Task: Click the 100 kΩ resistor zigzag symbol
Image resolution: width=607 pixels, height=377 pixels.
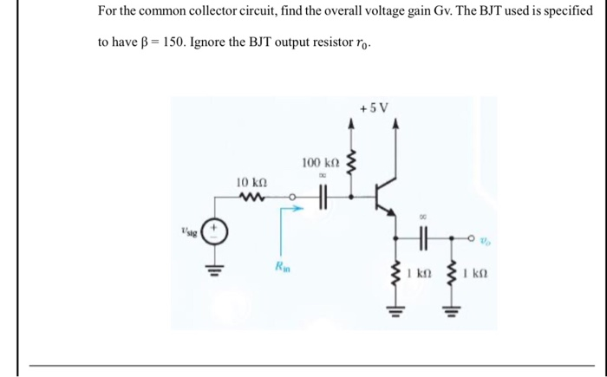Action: (x=351, y=165)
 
